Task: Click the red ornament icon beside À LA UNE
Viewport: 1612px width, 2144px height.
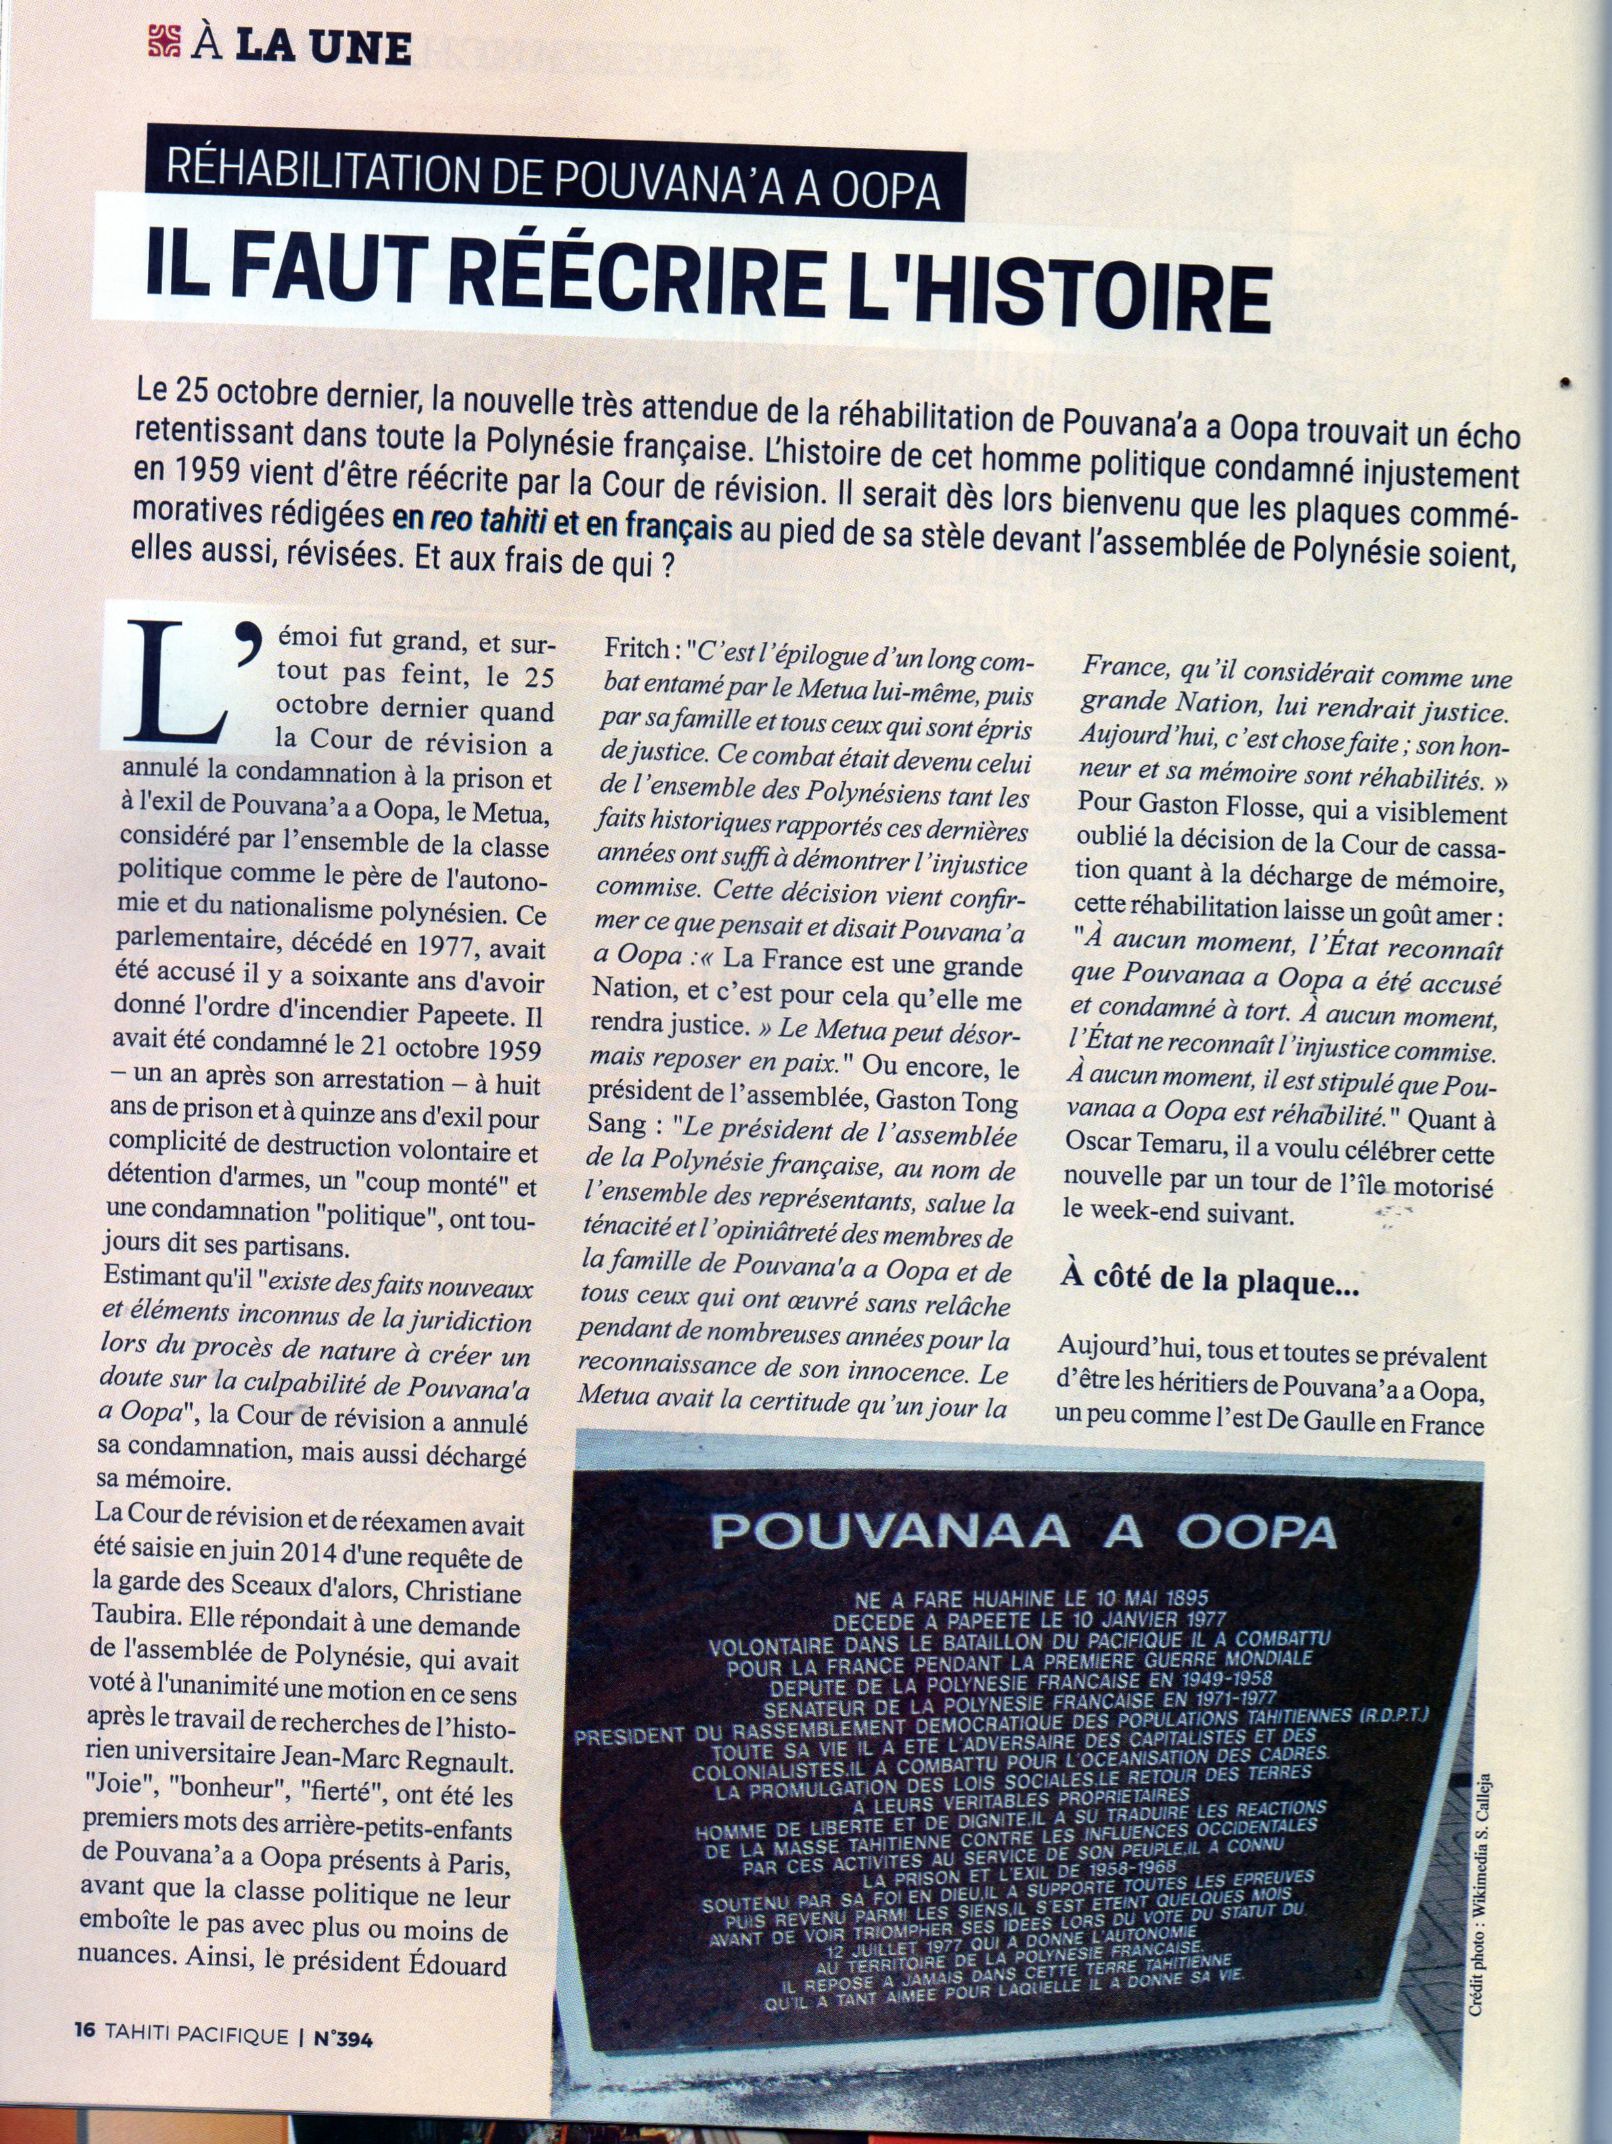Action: click(x=164, y=43)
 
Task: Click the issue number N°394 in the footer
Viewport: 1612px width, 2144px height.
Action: click(x=342, y=2037)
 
